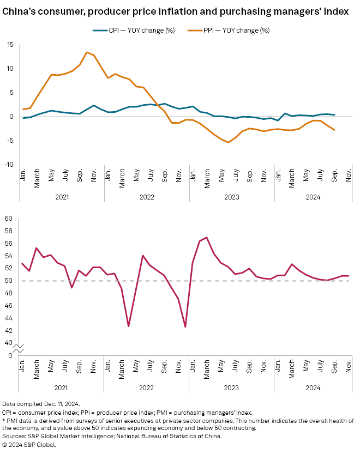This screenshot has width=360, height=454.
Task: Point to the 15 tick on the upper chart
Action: pyautogui.click(x=10, y=45)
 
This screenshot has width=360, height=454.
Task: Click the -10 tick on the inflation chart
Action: pyautogui.click(x=9, y=165)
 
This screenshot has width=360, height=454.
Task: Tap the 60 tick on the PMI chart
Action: pyautogui.click(x=9, y=219)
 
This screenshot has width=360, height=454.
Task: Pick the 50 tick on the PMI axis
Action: pyautogui.click(x=9, y=281)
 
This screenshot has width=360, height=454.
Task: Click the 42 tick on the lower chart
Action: pyautogui.click(x=9, y=331)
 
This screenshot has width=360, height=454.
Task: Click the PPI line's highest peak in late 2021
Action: pyautogui.click(x=87, y=52)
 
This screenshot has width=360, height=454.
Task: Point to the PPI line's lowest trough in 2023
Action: pyautogui.click(x=229, y=142)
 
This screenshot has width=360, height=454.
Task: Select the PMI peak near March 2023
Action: pyautogui.click(x=206, y=237)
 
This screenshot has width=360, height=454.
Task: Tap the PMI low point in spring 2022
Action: pyautogui.click(x=128, y=326)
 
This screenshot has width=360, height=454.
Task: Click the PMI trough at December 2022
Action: pyautogui.click(x=185, y=327)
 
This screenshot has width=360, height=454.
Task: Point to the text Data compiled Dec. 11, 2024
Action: pyautogui.click(x=41, y=403)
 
